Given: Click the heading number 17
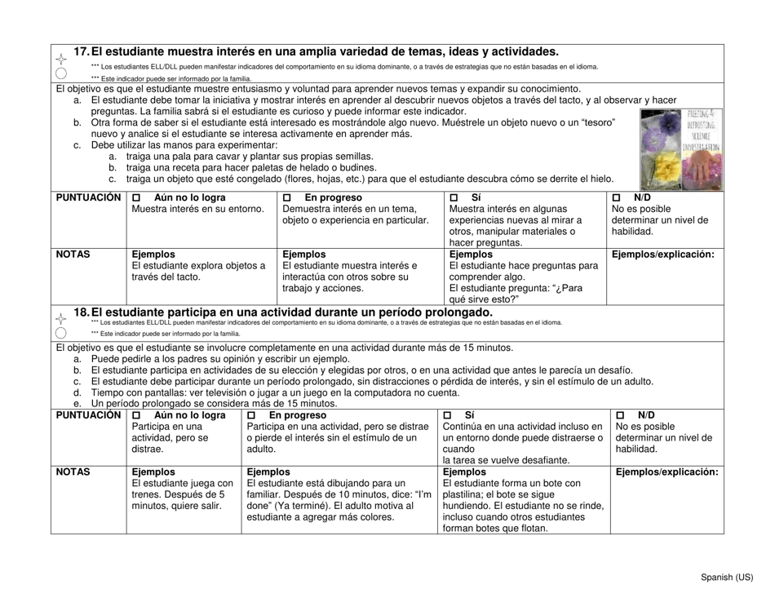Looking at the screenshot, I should [x=82, y=51].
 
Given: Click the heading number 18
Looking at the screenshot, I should [x=82, y=312].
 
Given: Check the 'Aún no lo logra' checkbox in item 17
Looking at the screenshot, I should [x=136, y=198].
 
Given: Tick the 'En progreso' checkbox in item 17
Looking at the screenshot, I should [x=287, y=198].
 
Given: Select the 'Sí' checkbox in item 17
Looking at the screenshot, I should [x=454, y=198].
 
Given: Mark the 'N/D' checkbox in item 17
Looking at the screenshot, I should [x=617, y=198].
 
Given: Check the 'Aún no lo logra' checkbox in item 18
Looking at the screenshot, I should [x=136, y=415].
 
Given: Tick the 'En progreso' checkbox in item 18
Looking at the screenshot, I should [x=251, y=415].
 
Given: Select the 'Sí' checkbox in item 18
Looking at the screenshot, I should [x=447, y=415].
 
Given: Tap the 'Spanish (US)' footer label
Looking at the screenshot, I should [x=727, y=577].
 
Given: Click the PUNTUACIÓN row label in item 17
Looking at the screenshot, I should [x=88, y=198].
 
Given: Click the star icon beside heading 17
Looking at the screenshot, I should [x=61, y=58].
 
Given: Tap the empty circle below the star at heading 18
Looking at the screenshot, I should [x=61, y=333].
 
